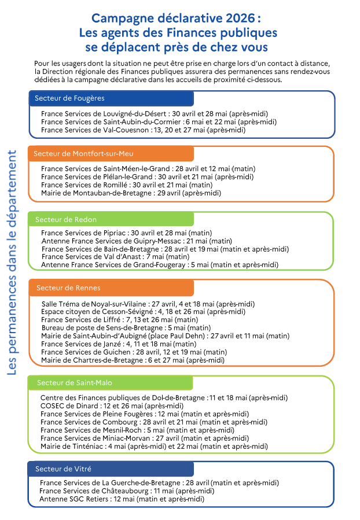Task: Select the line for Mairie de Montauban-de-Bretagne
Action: tap(131, 193)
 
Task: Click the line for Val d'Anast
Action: tap(116, 256)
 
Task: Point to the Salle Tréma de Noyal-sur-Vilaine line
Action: tap(148, 304)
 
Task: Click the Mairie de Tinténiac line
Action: tap(154, 447)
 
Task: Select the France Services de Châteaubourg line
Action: tap(127, 491)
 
